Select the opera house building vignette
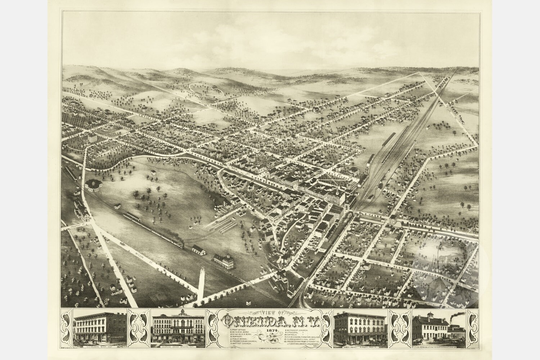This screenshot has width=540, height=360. [179, 330]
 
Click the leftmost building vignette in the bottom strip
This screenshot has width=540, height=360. [99, 330]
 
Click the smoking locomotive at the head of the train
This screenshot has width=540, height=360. [180, 246]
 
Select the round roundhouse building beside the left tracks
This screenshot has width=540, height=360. [94, 184]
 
